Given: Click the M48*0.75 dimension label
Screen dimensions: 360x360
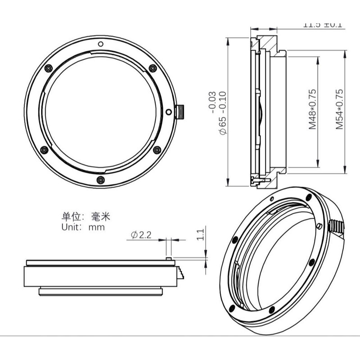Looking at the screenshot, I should point(312,109).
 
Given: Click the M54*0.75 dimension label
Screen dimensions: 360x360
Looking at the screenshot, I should point(339,109).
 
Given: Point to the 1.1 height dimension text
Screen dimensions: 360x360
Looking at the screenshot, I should point(201,234).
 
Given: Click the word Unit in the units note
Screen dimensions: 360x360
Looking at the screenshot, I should point(71,227).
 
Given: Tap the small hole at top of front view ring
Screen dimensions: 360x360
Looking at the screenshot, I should point(101,44).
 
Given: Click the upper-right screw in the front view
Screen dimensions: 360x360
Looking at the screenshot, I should point(153,68).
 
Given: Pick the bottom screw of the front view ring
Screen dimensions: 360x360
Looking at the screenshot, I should point(100,180).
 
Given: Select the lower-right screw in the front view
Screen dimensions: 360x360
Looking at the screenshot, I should point(156,150).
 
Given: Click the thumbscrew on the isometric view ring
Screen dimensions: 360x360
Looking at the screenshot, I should point(338,225).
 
